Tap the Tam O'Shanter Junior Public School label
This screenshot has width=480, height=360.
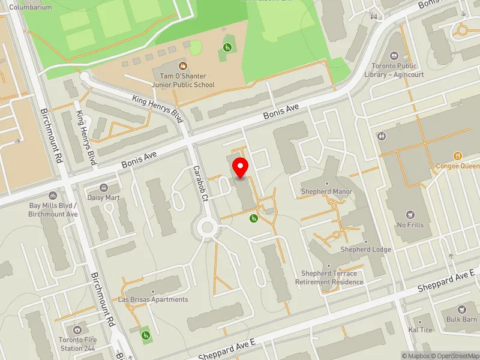pyautogui.click(x=183, y=80)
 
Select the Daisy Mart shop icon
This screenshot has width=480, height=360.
pyautogui.click(x=104, y=188)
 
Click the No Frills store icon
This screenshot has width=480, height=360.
pyautogui.click(x=411, y=215)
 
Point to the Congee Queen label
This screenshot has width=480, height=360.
pyautogui.click(x=458, y=166)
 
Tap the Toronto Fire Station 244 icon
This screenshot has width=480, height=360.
pyautogui.click(x=77, y=330)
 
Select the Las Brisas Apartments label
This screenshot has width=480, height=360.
pyautogui.click(x=153, y=299)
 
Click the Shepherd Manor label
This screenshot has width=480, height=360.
pyautogui.click(x=326, y=191)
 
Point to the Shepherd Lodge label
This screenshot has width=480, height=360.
pyautogui.click(x=365, y=249)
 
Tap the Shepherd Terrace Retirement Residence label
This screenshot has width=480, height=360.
pyautogui.click(x=329, y=278)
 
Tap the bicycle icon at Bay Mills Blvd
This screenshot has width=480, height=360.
pyautogui.click(x=53, y=195)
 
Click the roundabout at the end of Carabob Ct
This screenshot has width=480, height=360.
pyautogui.click(x=208, y=227)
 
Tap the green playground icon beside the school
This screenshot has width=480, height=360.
pyautogui.click(x=227, y=47)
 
